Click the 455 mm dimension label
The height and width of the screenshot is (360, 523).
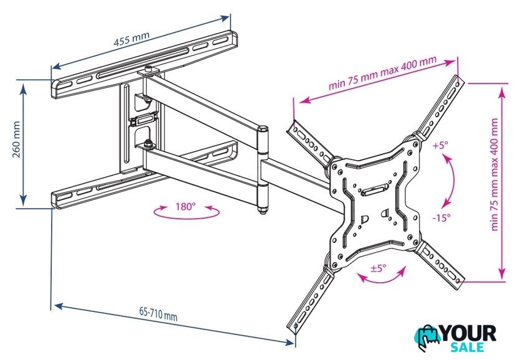pos(131,39)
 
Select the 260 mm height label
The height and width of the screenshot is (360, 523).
pos(16,139)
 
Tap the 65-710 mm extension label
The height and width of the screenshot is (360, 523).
pos(158,314)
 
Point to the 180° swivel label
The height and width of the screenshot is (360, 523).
pos(186,207)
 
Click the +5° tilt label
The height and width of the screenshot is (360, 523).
pos(440,146)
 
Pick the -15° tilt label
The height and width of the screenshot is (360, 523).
pos(441,218)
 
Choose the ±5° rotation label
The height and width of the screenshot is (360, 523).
pos(379,268)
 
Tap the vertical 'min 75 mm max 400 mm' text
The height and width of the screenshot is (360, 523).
pos(494,174)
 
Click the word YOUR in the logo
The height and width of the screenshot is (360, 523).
pos(469,333)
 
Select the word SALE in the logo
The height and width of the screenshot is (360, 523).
pos(467,347)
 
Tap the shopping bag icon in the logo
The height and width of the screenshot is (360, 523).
pos(428,338)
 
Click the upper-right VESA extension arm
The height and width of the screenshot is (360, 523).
pos(439,106)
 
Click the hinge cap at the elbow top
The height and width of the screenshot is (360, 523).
pos(263,128)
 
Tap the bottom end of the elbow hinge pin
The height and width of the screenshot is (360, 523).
pos(262,211)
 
